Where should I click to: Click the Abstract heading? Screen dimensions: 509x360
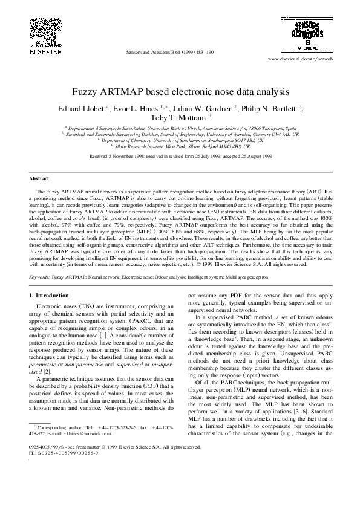pyautogui.click(x=39, y=179)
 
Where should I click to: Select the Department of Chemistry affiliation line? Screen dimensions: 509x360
pyautogui.click(x=180, y=140)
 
